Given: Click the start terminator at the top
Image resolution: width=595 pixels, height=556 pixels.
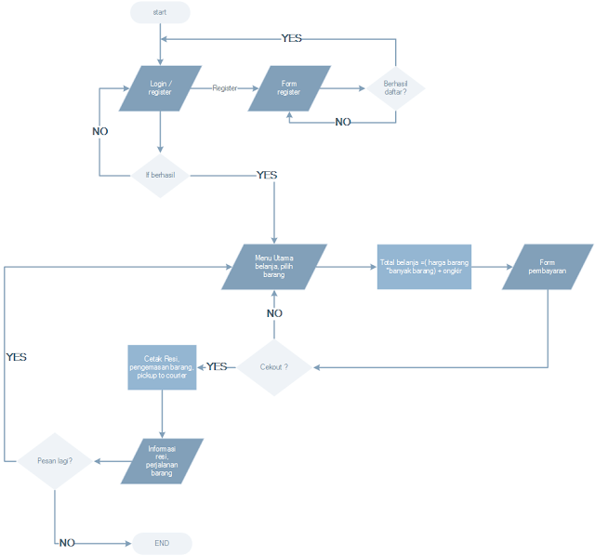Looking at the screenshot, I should (160, 13).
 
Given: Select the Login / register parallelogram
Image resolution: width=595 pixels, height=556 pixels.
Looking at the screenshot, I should (161, 88).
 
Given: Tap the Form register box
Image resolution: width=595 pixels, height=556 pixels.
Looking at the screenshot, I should (288, 88).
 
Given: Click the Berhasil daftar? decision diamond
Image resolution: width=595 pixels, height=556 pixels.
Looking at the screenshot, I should (396, 88).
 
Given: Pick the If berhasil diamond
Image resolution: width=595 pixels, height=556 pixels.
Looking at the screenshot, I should (161, 175).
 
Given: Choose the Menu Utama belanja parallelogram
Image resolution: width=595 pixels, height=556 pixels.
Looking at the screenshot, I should (273, 267).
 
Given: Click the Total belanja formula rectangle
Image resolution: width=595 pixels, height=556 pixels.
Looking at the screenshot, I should (424, 267).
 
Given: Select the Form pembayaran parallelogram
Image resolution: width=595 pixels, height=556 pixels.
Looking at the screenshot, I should (549, 267).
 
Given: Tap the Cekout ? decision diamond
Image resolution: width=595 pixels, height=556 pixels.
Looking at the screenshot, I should (273, 367).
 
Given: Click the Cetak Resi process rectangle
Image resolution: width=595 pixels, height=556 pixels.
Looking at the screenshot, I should (163, 366).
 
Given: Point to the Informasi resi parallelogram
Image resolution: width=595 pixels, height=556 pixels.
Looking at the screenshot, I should (163, 460).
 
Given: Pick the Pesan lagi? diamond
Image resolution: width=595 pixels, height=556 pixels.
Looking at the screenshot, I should (56, 460).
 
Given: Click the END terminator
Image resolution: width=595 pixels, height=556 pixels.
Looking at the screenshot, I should (162, 543).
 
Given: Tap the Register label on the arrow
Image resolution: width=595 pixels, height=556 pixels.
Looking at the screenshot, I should (224, 88).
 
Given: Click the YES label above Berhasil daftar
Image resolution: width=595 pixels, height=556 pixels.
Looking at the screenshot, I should (292, 39).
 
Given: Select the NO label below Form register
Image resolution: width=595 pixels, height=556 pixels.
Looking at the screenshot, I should (343, 123).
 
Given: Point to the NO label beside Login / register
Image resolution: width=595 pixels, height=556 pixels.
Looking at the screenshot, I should (99, 132).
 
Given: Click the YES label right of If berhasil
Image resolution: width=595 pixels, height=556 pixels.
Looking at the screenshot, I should (267, 175).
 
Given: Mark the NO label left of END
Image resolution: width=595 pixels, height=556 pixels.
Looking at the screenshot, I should (66, 543).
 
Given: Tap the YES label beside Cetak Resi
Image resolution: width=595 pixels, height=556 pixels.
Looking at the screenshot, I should (217, 366).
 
